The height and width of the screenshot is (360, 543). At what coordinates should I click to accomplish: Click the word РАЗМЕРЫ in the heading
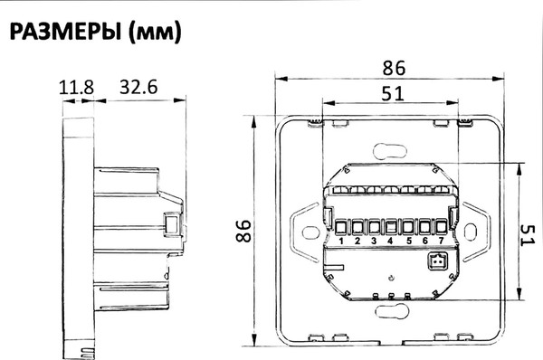point(66,32)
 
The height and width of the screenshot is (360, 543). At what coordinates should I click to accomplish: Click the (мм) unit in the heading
point(155,33)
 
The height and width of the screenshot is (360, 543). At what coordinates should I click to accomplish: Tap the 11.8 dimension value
point(77,88)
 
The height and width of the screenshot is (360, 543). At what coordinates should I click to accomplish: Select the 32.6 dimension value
point(138,87)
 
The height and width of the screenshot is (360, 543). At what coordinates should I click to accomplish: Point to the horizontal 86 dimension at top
point(394,68)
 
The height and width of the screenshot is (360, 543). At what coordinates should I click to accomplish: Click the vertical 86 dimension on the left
point(243,231)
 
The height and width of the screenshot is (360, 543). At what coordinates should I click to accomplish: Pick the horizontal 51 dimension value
point(393,94)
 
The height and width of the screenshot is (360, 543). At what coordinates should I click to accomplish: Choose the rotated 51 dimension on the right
point(528,235)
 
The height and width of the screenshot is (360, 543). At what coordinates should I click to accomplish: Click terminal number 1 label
point(341,241)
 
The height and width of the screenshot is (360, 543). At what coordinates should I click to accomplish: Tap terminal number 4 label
point(390,241)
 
